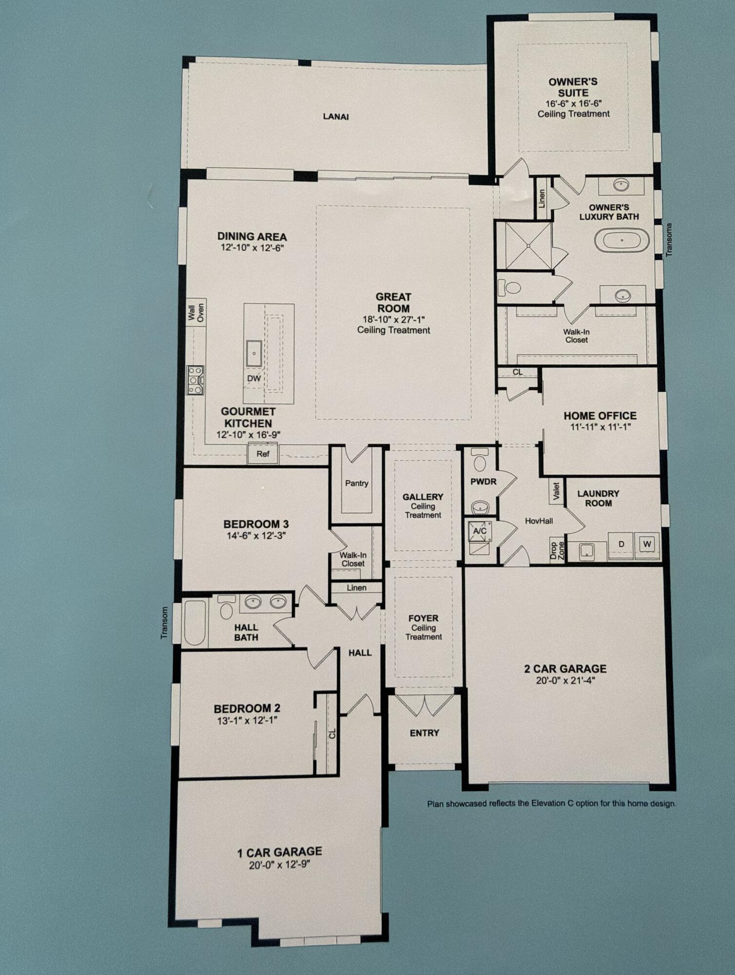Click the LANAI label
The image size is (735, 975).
click(336, 117)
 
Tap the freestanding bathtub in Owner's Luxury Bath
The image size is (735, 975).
click(621, 241)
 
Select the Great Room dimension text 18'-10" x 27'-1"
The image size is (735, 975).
click(394, 320)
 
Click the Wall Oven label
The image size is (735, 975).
click(196, 311)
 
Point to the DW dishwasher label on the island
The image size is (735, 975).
click(254, 378)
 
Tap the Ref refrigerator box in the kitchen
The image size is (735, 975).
click(263, 454)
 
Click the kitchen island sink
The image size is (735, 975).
click(254, 353)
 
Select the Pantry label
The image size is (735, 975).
click(356, 483)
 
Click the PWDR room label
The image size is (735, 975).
click(483, 482)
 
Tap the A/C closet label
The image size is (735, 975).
click(480, 531)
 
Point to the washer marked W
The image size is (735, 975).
click(647, 544)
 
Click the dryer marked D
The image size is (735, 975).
click(621, 544)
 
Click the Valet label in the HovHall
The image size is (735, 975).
click(556, 491)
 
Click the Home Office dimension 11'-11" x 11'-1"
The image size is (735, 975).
click(600, 427)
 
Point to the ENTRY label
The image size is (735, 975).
click(424, 733)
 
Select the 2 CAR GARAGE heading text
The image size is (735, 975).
click(565, 668)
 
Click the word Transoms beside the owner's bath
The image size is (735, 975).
click(669, 239)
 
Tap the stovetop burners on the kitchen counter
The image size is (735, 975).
click(195, 380)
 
